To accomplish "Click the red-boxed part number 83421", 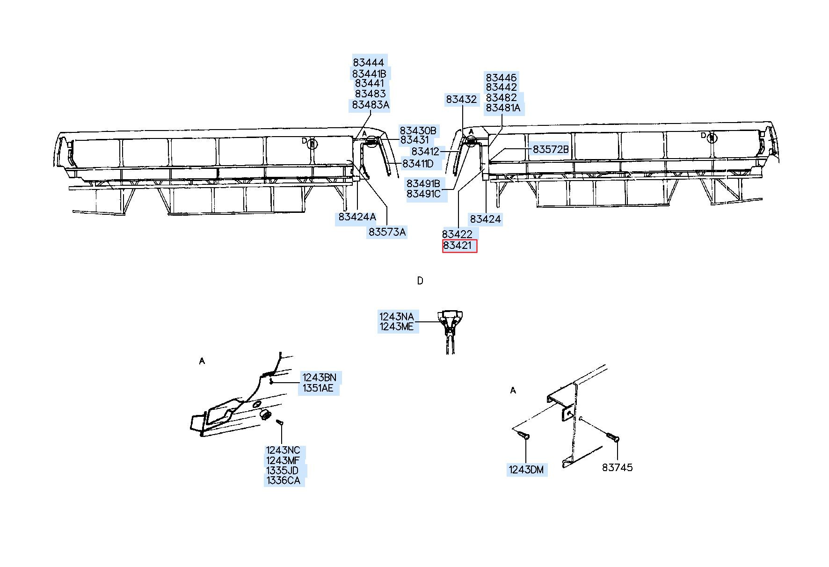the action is click(459, 246).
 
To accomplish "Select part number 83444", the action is click(369, 63).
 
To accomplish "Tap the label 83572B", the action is click(551, 149).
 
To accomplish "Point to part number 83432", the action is click(461, 99).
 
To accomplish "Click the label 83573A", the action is click(387, 232).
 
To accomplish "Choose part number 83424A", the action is click(357, 217).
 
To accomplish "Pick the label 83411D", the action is click(418, 164).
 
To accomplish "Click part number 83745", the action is click(617, 467).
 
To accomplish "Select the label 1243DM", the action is click(526, 470).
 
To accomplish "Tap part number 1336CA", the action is click(283, 480).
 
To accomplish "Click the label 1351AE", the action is click(318, 388).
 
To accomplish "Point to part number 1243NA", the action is click(397, 317).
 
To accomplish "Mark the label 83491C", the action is click(424, 194).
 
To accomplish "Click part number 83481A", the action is click(503, 108).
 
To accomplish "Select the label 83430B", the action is click(418, 131).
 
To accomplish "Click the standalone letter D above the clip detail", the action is click(420, 281).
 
